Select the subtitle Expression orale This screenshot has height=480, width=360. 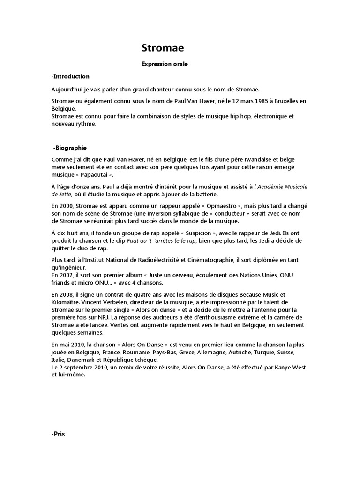click(165, 64)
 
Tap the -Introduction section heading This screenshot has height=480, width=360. click(70, 76)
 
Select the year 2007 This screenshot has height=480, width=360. click(67, 274)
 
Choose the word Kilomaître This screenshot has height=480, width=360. click(67, 303)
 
